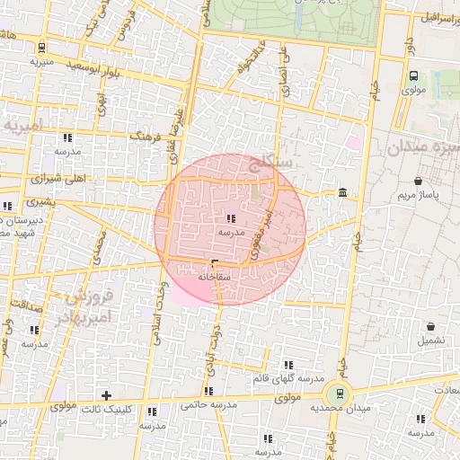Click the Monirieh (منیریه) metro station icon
42,48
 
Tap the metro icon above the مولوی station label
413,76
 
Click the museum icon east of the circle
343,192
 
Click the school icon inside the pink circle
231,218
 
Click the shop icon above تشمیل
430,327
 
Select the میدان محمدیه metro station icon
339,393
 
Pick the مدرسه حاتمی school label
208,404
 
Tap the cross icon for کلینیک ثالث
106,395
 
